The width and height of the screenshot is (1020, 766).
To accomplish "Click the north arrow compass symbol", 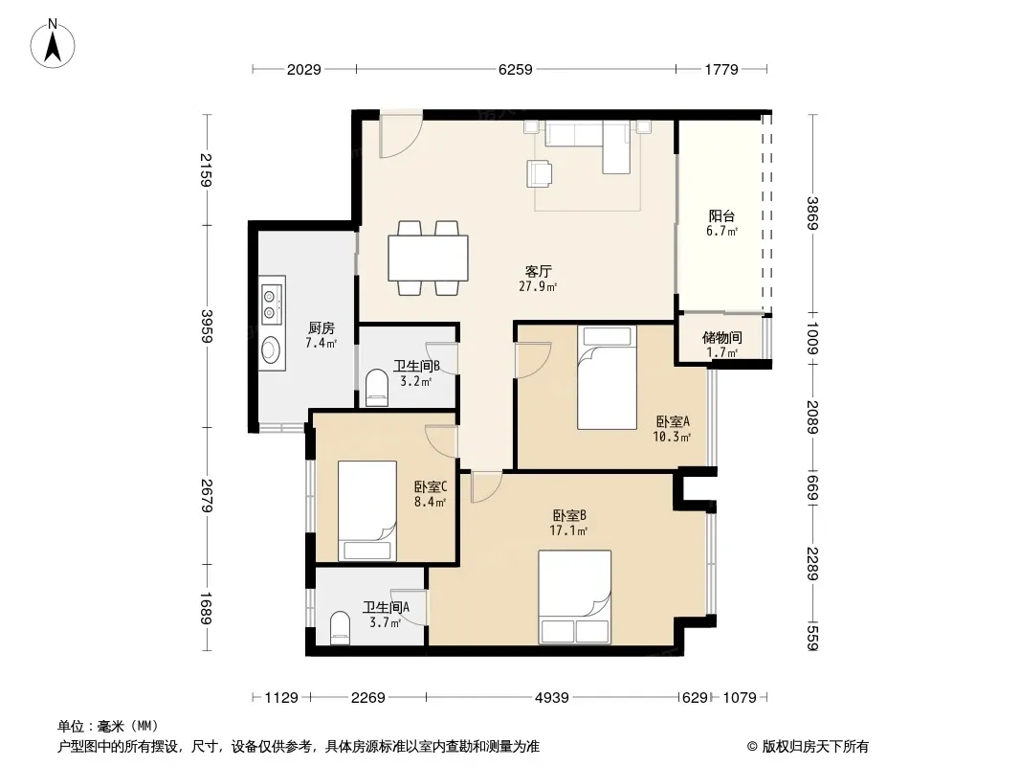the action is (x=53, y=44).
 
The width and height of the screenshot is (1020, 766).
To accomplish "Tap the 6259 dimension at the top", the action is (x=515, y=69).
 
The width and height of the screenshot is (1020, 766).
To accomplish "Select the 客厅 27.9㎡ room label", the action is (x=538, y=279).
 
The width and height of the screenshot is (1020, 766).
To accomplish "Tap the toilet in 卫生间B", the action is (x=377, y=388).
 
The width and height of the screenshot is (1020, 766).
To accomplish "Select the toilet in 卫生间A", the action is (x=340, y=627).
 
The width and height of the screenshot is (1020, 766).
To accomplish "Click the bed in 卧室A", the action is (x=607, y=377).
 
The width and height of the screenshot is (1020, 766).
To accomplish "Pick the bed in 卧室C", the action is (x=367, y=511).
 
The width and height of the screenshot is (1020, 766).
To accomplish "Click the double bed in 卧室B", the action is (x=574, y=597).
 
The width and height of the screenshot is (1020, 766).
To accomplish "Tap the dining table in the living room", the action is (x=428, y=258).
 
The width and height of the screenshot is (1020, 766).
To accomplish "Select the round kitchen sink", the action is (x=270, y=349).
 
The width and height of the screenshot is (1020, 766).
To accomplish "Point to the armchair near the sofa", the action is (x=540, y=173).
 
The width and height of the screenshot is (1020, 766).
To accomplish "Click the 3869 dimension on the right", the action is (x=812, y=213).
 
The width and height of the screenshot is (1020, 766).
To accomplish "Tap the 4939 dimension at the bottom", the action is (x=552, y=698).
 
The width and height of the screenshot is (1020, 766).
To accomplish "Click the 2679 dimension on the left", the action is (x=207, y=496).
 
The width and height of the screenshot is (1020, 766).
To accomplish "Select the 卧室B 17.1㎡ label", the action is (x=569, y=523).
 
